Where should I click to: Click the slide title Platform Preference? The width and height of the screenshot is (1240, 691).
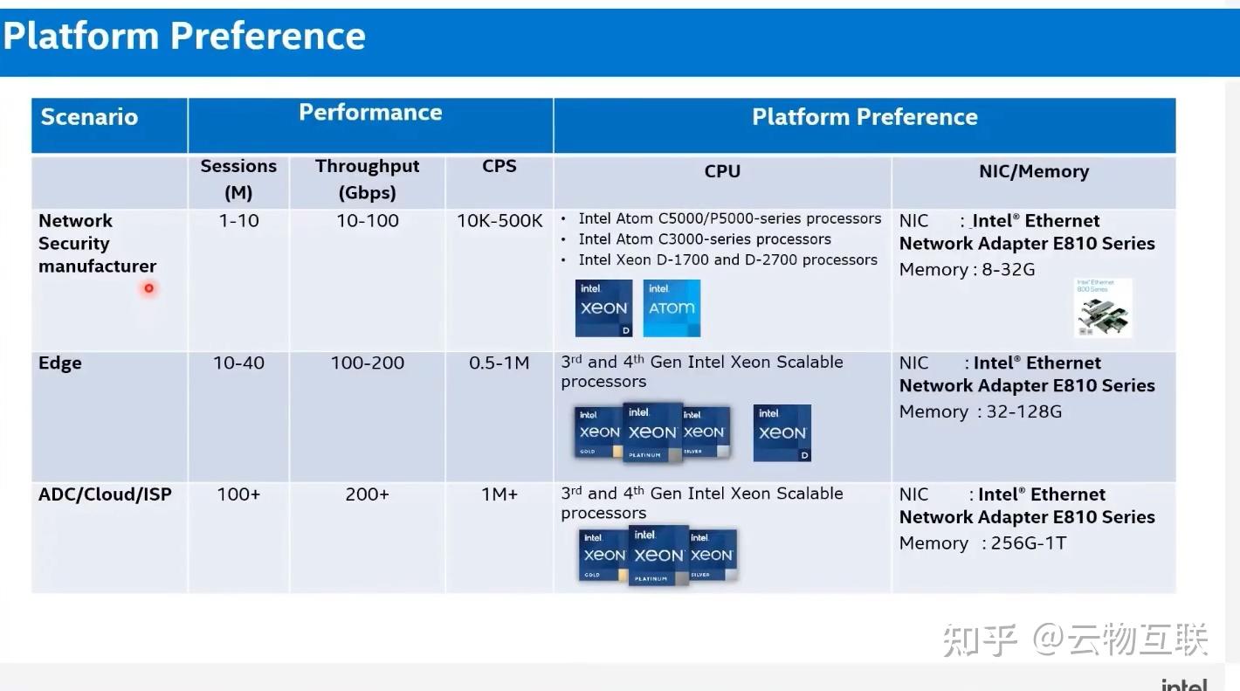[x=184, y=37]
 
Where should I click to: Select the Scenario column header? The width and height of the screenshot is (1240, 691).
[x=89, y=117]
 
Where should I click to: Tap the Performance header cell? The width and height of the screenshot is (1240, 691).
[x=370, y=113]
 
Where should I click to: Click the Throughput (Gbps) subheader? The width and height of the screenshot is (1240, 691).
[x=367, y=179]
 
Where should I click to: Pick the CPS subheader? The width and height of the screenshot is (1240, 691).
[x=499, y=166]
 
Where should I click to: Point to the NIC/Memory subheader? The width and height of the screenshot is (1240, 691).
[x=1033, y=171]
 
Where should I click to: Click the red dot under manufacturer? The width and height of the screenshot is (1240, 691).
[x=149, y=288]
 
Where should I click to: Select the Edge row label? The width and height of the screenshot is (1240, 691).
[x=60, y=363]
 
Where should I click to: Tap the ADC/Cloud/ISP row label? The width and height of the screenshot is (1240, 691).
[x=105, y=494]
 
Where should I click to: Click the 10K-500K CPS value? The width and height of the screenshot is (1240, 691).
[x=499, y=221]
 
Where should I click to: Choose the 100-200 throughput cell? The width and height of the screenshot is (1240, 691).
[x=367, y=363]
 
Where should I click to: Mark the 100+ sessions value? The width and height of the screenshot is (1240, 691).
[x=238, y=494]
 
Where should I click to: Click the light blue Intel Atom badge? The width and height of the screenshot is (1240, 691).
[x=672, y=308]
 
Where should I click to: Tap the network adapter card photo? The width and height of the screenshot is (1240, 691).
[x=1102, y=308]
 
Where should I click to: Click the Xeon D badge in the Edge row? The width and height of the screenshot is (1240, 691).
[x=782, y=432]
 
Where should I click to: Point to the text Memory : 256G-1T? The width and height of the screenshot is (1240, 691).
[x=982, y=543]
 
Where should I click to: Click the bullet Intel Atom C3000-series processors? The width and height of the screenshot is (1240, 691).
[x=704, y=239]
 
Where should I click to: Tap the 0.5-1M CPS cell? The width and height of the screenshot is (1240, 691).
[x=499, y=363]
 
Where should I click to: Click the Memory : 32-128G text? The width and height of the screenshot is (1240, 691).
[x=980, y=411]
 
